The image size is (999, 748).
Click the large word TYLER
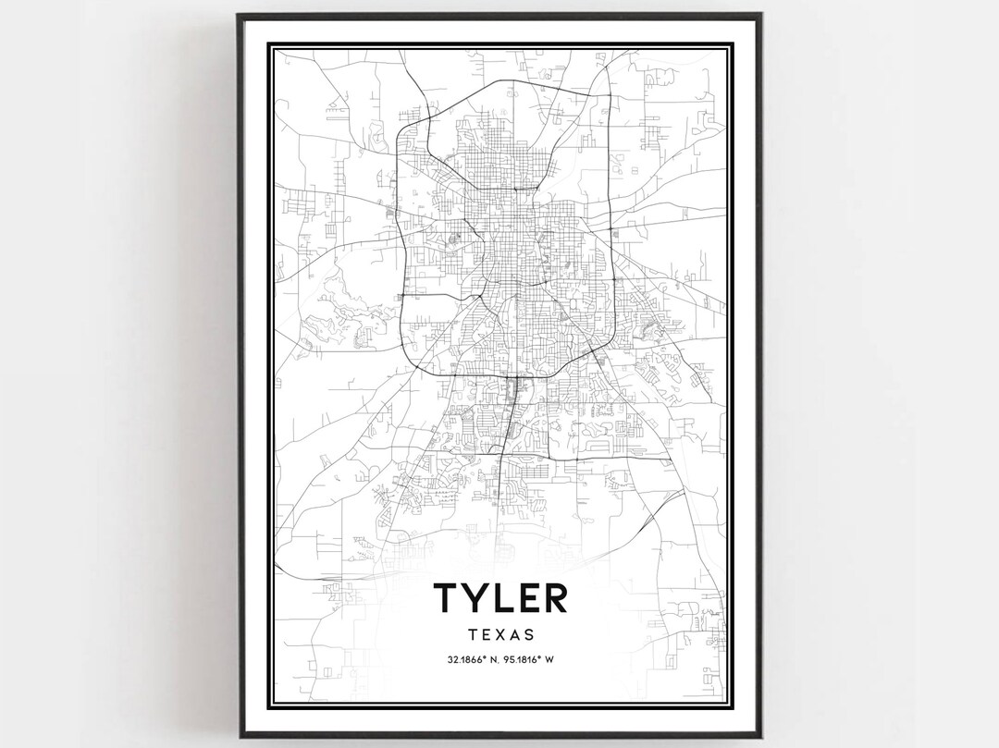pyautogui.click(x=499, y=598)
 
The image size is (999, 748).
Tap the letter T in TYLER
pyautogui.click(x=448, y=598)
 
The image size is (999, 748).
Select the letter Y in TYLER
pyautogui.click(x=478, y=598)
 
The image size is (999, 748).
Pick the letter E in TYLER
pyautogui.click(x=528, y=598)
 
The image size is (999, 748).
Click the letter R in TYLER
pyautogui.click(x=554, y=598)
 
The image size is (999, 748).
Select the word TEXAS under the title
pyautogui.click(x=499, y=635)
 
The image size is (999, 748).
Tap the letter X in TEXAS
pyautogui.click(x=499, y=635)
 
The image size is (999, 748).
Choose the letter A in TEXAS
pyautogui.click(x=514, y=635)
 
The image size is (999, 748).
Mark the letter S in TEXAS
pyautogui.click(x=529, y=635)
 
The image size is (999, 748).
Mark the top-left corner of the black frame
pyautogui.click(x=238, y=14)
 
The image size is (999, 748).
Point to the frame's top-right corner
pyautogui.click(x=760, y=14)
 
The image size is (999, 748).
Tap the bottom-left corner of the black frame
pyautogui.click(x=238, y=736)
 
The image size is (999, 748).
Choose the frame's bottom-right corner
pyautogui.click(x=760, y=736)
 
